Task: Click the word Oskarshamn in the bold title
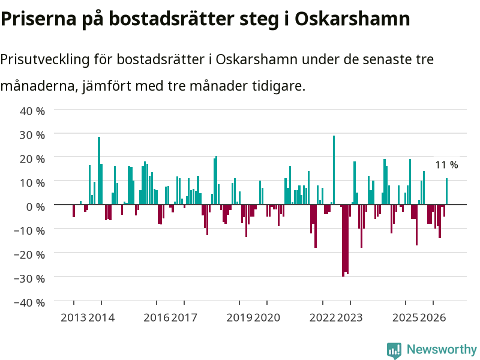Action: [x=352, y=19]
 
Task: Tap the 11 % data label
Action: [x=446, y=165]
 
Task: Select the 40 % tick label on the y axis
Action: [x=32, y=111]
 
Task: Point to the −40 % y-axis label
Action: [x=29, y=303]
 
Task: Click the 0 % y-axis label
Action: [x=35, y=207]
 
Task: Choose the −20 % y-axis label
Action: [x=29, y=254]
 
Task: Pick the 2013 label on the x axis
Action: [x=73, y=318]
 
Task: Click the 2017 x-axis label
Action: [x=184, y=318]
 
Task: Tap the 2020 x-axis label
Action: [x=267, y=318]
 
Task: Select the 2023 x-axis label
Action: [x=350, y=318]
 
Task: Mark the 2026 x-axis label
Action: [x=433, y=318]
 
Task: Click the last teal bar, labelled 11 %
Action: [x=446, y=191]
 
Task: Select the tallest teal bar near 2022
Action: [x=334, y=170]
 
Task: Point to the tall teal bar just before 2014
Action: [x=99, y=170]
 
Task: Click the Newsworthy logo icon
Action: [x=394, y=350]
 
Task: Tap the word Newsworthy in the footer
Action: [x=442, y=349]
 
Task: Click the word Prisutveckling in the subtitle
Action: [x=44, y=59]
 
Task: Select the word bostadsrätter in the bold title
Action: [x=172, y=19]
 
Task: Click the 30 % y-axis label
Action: [x=32, y=135]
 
